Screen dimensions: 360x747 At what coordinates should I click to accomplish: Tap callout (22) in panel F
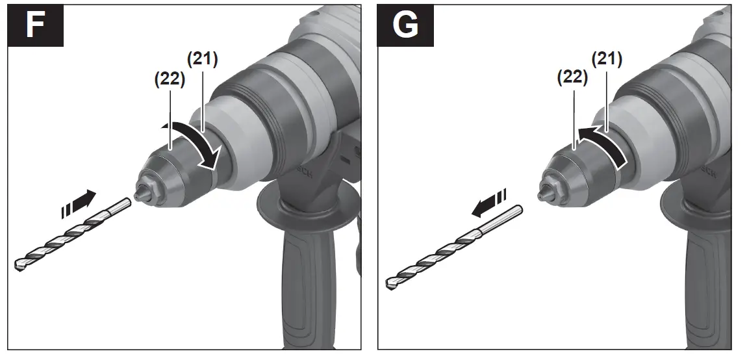[x=170, y=79]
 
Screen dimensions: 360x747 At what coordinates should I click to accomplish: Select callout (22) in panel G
[x=572, y=78]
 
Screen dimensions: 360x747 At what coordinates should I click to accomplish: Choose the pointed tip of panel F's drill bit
[x=19, y=265]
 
